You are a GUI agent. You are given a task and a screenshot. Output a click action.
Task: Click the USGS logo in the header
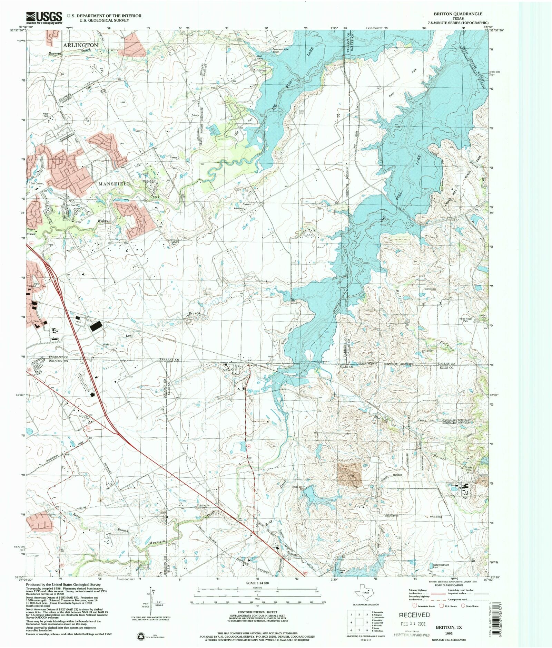[44, 17]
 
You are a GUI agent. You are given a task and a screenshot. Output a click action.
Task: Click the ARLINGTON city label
[80, 45]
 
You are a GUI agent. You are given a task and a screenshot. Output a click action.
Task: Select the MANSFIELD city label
[115, 184]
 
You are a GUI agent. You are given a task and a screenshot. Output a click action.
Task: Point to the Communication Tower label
[280, 50]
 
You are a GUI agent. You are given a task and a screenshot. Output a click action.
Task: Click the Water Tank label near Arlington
[46, 115]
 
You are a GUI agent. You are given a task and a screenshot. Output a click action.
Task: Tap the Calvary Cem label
[175, 242]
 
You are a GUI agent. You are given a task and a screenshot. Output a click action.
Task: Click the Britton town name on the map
[227, 370]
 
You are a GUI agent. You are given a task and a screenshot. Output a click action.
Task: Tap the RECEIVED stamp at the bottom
[414, 614]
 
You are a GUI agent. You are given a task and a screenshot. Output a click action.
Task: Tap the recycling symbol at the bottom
[141, 636]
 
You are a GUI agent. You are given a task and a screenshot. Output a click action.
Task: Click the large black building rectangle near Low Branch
[96, 326]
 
